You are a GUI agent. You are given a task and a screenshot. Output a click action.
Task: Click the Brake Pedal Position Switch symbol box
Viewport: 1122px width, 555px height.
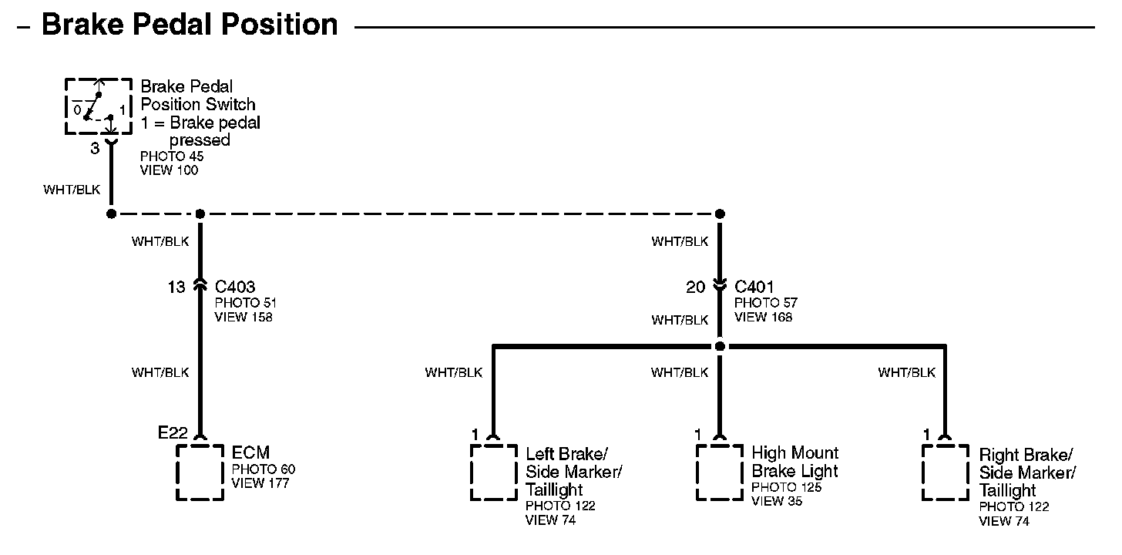coord(98,106)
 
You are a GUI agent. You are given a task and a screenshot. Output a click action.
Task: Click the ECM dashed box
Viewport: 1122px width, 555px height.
coord(200,472)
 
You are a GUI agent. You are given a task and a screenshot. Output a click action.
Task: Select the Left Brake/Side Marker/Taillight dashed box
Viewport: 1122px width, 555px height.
coord(494,472)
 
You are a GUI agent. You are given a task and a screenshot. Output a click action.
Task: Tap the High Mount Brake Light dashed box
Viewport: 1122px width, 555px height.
coord(720,472)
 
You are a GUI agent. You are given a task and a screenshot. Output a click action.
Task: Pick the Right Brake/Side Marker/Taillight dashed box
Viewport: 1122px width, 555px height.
coord(946,472)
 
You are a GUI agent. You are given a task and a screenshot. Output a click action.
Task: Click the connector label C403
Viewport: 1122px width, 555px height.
coord(235,288)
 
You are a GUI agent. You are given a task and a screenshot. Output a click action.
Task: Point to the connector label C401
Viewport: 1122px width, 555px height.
coord(754,288)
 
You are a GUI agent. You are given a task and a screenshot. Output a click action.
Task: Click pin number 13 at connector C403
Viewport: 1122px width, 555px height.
coord(176,288)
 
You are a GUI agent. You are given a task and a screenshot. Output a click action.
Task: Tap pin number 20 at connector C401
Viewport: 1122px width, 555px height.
coord(696,288)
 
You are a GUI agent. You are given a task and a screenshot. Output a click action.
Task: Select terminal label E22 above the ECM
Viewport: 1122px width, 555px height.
coord(173,433)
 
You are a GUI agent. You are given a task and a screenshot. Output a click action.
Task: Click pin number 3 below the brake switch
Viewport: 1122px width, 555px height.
coord(95,148)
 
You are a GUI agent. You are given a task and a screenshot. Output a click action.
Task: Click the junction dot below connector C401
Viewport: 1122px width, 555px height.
coord(720,346)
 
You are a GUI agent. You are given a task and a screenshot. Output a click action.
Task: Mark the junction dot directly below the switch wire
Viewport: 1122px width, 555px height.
coord(111,214)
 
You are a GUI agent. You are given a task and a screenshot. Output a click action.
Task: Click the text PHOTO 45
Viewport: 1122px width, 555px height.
coord(172,156)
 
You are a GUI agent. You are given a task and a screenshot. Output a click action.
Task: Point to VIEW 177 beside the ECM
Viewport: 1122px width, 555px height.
coord(260,483)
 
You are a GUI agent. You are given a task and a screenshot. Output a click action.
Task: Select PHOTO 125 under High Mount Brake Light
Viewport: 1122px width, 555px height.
coord(787,487)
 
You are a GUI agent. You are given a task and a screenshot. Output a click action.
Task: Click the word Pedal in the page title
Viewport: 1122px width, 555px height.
coord(176,25)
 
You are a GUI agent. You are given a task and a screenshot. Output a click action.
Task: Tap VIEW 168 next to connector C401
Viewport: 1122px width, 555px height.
coord(763,317)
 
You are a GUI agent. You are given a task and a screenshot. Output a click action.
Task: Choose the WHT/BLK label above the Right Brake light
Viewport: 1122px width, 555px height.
coord(906,373)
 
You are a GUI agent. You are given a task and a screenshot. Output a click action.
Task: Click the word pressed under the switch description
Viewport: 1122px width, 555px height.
coord(200,140)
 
